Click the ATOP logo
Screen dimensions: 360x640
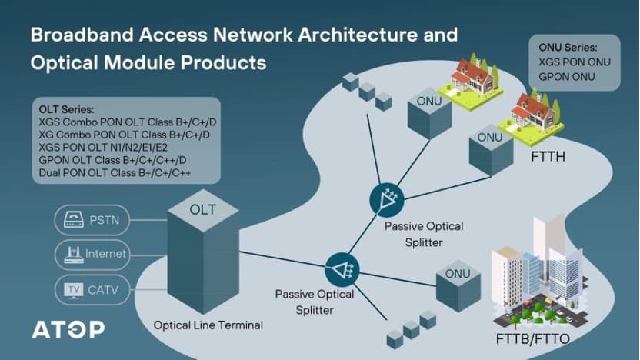click(68, 330)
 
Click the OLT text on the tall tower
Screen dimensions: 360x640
click(202, 209)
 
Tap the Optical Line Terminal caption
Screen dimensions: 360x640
click(208, 325)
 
